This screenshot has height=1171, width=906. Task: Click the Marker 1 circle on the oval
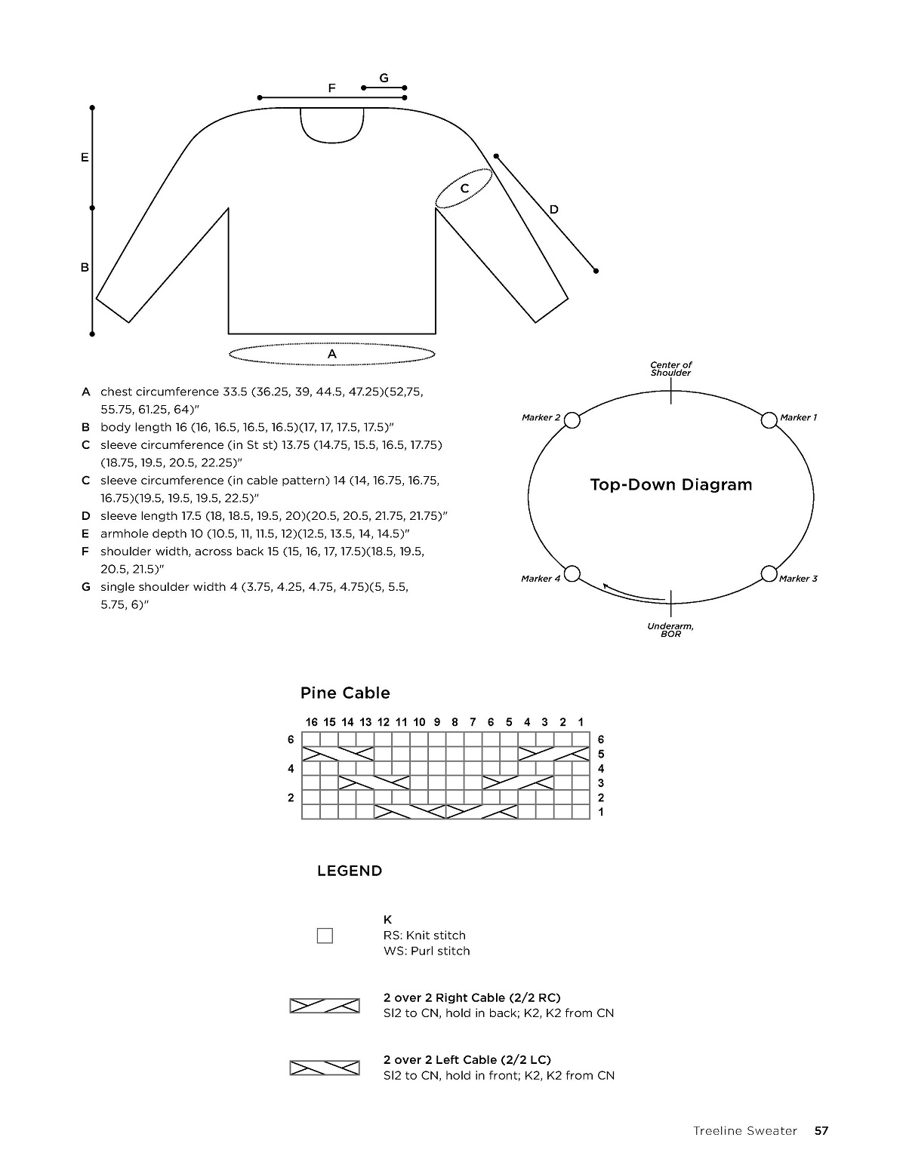point(769,420)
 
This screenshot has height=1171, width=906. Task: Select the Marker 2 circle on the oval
point(572,420)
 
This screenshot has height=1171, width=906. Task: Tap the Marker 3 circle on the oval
point(769,573)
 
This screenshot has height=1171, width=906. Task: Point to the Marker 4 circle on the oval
point(572,573)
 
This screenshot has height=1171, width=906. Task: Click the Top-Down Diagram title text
point(670,484)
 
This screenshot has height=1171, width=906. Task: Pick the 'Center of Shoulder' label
point(670,369)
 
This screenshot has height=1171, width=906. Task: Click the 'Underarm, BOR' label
point(670,630)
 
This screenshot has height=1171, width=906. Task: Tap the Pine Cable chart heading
point(345,693)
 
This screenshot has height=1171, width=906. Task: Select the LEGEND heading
point(350,871)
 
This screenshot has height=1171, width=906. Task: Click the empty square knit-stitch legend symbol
point(325,936)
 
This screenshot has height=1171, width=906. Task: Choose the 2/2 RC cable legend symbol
point(325,1005)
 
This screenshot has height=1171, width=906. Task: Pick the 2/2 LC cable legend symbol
point(325,1068)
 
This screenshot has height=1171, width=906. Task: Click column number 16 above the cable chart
point(311,722)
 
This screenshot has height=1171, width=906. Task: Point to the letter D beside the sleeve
point(553,209)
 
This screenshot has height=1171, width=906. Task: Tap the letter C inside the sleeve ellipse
point(464,188)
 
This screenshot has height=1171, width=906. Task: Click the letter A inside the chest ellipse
point(331,354)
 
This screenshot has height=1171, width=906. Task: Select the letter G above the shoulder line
point(384,78)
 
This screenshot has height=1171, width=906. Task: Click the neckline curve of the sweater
point(332,140)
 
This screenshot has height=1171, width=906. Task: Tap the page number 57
point(821,1130)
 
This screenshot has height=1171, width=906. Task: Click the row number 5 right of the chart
point(601,754)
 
